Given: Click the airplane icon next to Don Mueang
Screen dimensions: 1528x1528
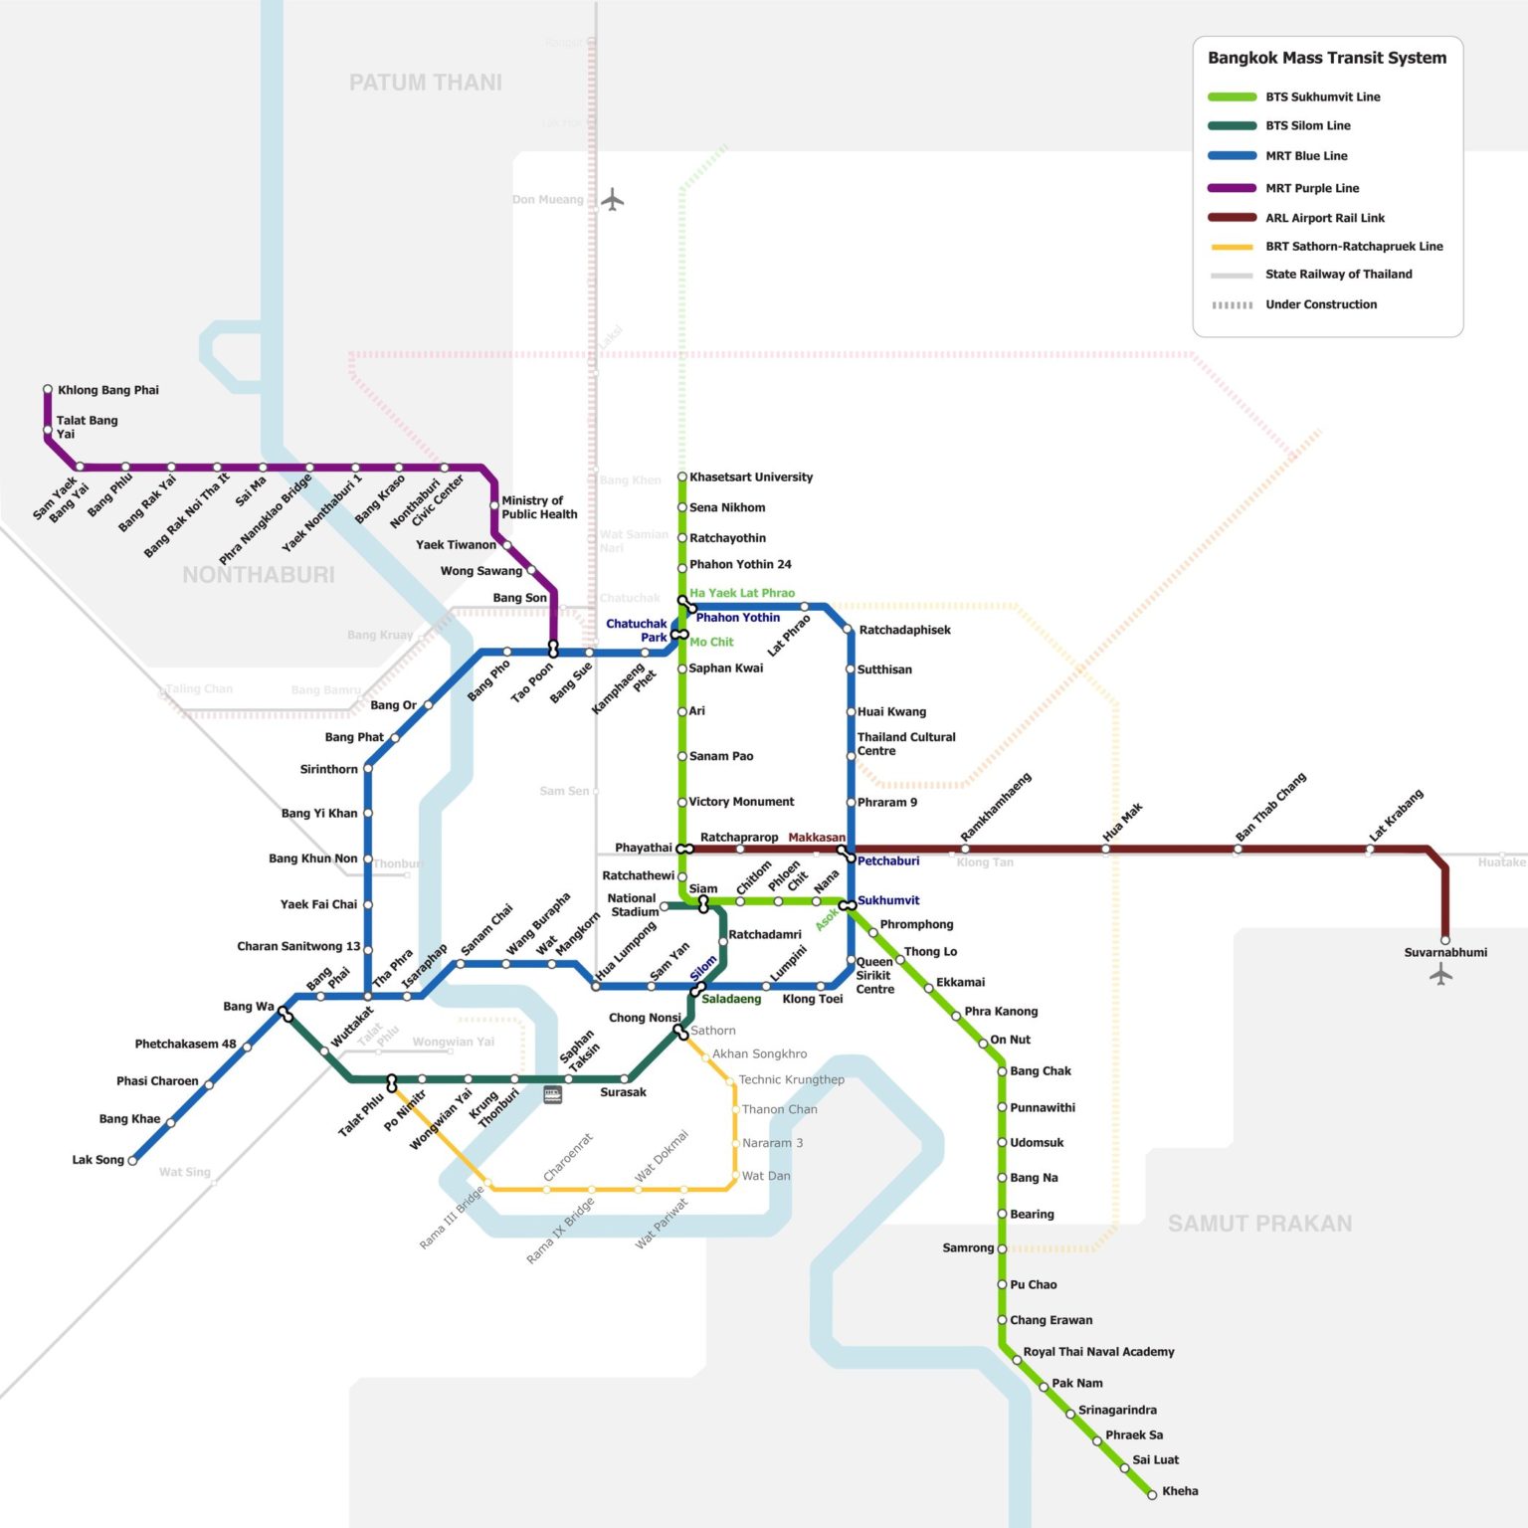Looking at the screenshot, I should click(x=613, y=200).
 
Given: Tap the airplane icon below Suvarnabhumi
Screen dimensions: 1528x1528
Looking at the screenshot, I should click(x=1441, y=975).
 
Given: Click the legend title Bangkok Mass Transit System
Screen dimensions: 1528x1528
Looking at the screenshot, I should click(x=1327, y=58).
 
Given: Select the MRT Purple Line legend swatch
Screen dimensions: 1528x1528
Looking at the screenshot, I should click(x=1232, y=188).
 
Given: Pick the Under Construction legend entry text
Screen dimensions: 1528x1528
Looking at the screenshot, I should click(x=1321, y=304).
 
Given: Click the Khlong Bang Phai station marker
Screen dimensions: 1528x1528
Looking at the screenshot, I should click(x=48, y=390).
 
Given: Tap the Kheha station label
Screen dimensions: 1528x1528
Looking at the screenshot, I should click(x=1180, y=1490).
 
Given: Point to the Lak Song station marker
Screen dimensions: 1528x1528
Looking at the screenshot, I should click(x=132, y=1160).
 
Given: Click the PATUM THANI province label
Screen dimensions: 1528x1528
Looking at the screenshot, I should click(x=425, y=83).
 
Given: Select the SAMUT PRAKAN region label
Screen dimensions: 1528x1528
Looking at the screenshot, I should click(x=1259, y=1224).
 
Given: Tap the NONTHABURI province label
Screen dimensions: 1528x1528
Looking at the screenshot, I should click(x=259, y=574).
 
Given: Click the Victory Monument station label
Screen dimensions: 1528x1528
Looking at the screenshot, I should click(x=741, y=802).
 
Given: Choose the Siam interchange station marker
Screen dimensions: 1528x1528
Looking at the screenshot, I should click(x=703, y=903).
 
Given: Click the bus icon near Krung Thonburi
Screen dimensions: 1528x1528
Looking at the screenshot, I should click(x=553, y=1095).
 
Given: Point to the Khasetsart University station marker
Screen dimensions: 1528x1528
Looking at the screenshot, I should click(x=682, y=477).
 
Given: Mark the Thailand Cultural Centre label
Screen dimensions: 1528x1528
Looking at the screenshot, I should click(x=905, y=744).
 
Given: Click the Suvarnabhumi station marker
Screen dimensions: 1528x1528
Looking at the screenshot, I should click(x=1445, y=939).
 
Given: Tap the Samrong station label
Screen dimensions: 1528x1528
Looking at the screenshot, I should click(x=968, y=1247).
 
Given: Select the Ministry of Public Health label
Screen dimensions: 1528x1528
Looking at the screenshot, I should click(x=539, y=507).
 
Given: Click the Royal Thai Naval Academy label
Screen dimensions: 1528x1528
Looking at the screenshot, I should click(x=1098, y=1352).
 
